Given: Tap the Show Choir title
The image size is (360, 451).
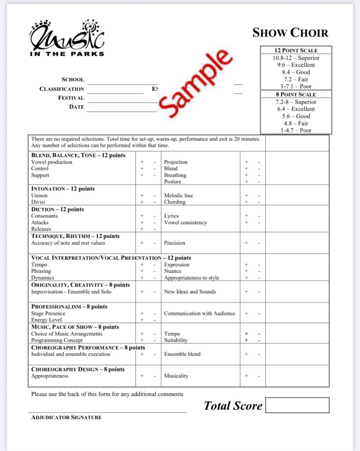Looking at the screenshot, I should pos(290,33).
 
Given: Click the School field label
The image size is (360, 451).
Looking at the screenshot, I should pos(73,80).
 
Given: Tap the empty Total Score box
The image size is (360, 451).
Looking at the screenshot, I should pos(297,405).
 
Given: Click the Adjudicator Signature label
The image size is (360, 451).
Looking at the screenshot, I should pos(66,417).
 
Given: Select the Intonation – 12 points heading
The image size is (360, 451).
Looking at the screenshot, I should pos(63,189).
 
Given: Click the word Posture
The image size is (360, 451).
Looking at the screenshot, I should pos(172,182).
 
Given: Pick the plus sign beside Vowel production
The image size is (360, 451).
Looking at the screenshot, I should pos(142,162).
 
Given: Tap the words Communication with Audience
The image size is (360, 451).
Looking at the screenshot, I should pos(199,313).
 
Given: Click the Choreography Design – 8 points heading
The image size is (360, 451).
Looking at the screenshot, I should pos(78,369).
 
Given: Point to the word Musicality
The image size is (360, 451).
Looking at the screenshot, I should pos(176,376).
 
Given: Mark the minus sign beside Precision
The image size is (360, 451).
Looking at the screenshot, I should pos(259,243).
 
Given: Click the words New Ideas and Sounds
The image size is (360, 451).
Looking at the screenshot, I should pos(190,292).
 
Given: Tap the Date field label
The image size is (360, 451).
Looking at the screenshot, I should pos(76,107).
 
